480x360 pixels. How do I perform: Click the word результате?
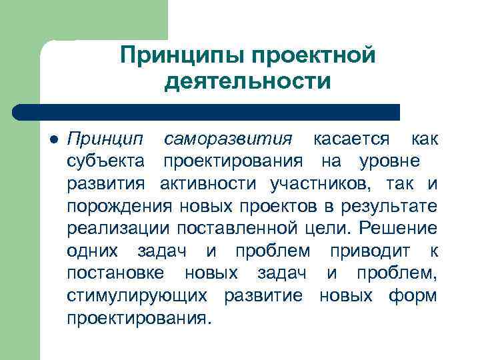[395, 206]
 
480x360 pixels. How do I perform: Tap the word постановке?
[117, 273]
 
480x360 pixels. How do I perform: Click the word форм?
[416, 295]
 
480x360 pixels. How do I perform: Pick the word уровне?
[389, 161]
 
